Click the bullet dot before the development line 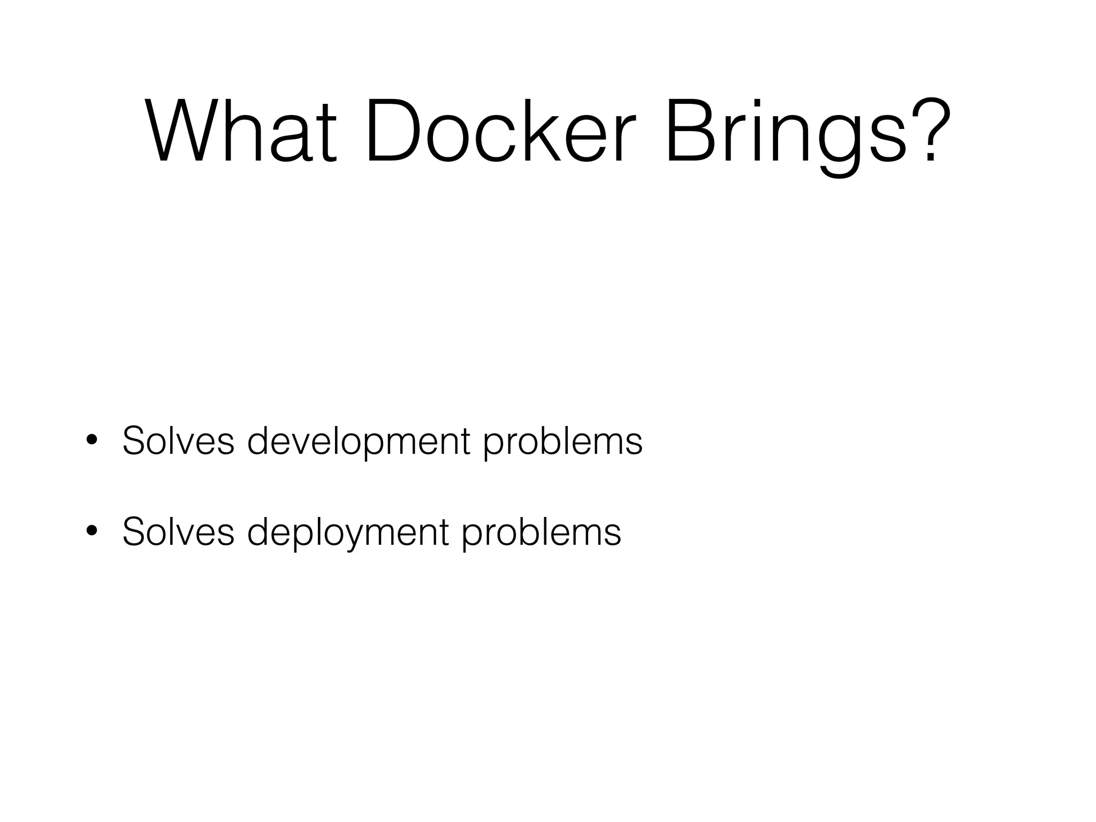[x=92, y=440]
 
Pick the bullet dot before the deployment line [x=92, y=531]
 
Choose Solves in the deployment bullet [x=178, y=532]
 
